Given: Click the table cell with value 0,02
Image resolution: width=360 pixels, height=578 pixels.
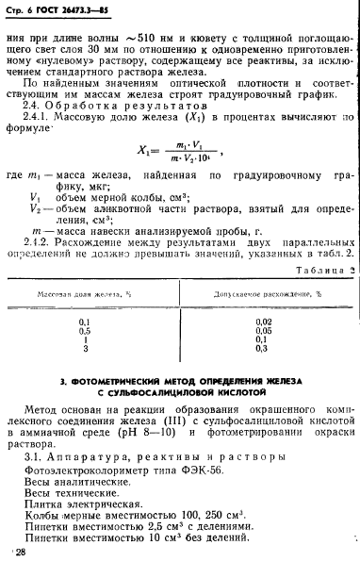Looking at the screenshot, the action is (264, 322).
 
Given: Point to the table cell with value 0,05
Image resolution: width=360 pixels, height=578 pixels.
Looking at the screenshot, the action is (264, 332).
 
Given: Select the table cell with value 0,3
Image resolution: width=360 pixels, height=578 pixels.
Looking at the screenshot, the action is (264, 350).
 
